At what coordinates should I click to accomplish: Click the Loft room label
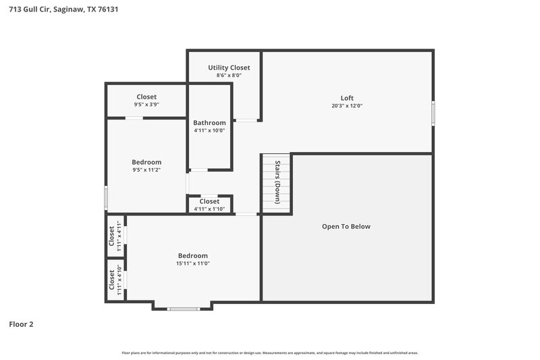tap(347, 98)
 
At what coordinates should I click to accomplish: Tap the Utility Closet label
tap(229, 68)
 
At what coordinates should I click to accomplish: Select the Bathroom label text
tap(209, 122)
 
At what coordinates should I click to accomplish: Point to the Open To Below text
tap(346, 226)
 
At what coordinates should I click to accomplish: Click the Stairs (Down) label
tap(277, 183)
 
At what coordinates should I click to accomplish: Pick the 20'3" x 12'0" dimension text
tap(347, 106)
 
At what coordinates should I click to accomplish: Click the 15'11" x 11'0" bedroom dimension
tap(193, 263)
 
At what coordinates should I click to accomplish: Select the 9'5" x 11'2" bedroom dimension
tap(146, 170)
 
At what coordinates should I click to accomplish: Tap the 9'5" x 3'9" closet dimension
tap(146, 105)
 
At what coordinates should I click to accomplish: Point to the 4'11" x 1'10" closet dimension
tap(209, 209)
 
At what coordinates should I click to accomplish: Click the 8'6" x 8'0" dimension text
tap(229, 76)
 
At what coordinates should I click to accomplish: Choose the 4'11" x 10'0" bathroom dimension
tap(209, 130)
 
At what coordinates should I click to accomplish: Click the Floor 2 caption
tap(21, 324)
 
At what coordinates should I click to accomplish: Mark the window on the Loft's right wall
tap(433, 113)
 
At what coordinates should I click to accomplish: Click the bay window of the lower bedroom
tap(183, 309)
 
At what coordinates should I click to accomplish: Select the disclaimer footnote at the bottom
tap(269, 353)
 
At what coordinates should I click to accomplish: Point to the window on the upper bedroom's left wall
tap(106, 197)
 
